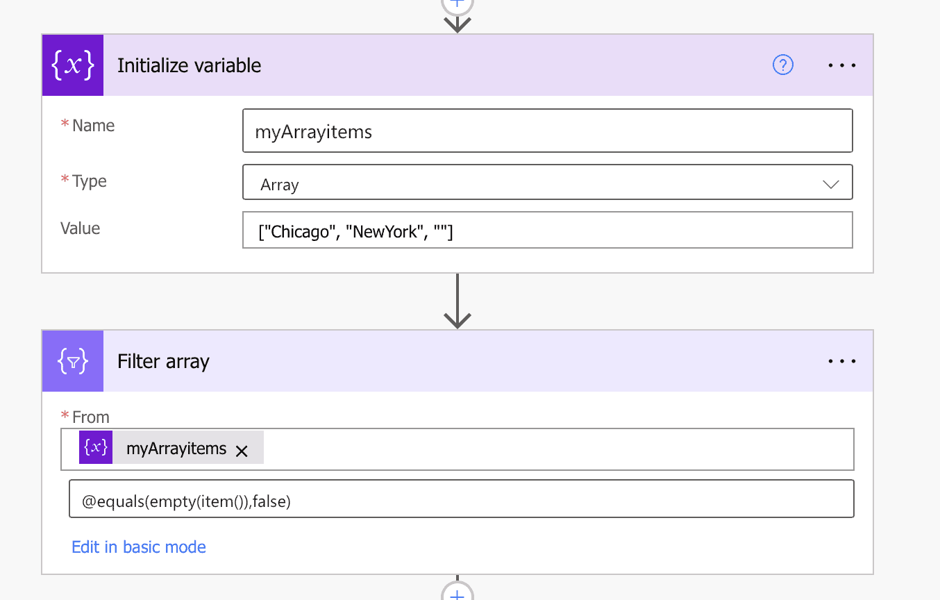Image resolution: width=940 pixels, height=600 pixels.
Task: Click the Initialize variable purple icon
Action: [73, 65]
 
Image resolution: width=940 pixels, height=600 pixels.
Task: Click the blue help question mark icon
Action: [782, 65]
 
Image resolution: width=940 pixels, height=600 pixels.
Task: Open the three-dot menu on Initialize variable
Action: [842, 65]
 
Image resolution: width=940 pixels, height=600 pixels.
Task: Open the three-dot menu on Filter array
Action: [842, 361]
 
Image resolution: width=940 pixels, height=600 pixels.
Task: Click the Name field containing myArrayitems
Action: [547, 131]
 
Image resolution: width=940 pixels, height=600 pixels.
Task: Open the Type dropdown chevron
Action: [830, 185]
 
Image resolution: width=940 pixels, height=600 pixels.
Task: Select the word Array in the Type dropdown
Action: [280, 185]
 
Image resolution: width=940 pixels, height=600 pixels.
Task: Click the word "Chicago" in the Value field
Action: [299, 231]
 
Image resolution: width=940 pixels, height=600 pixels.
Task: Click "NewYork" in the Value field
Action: [385, 231]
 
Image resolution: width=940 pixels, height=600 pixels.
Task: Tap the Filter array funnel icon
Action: [73, 361]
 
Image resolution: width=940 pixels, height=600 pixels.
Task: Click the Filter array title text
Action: [163, 362]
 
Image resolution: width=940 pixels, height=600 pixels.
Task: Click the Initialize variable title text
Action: [189, 66]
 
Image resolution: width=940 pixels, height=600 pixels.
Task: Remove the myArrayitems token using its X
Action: [242, 451]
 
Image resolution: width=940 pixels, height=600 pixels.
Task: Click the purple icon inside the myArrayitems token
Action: [96, 448]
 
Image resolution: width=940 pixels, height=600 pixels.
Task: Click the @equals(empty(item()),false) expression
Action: [186, 501]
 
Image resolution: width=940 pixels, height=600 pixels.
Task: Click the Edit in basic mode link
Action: [139, 547]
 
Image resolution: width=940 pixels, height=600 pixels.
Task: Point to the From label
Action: [90, 417]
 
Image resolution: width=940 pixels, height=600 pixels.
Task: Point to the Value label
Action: [81, 228]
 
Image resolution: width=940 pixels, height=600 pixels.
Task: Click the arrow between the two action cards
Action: [458, 301]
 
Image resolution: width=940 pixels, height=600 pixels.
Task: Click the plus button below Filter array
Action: [458, 594]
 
